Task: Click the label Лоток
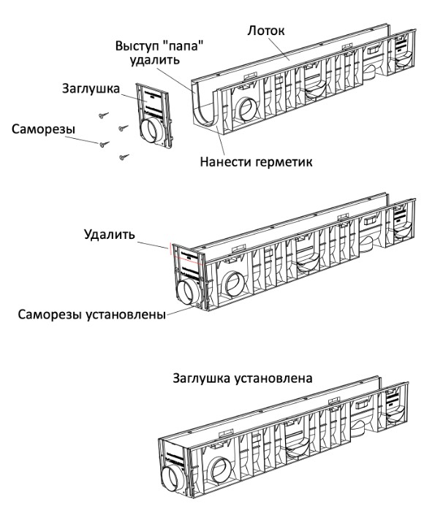coord(266,31)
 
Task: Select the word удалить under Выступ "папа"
coord(154,60)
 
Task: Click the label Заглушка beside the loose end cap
coord(91,88)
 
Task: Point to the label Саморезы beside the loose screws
coord(43,129)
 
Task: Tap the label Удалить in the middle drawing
coord(110,234)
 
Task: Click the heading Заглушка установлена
coord(243,378)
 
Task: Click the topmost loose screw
coord(104,115)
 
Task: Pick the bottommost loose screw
coord(124,157)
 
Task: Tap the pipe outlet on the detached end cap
coord(151,131)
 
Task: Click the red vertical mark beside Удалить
coord(169,248)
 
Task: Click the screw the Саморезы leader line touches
coord(104,144)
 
